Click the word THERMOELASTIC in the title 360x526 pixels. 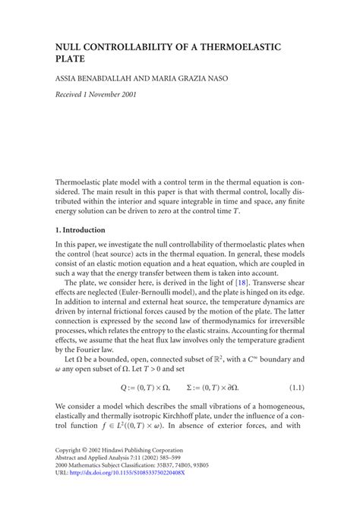[238, 47]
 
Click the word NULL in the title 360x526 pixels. [70, 47]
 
